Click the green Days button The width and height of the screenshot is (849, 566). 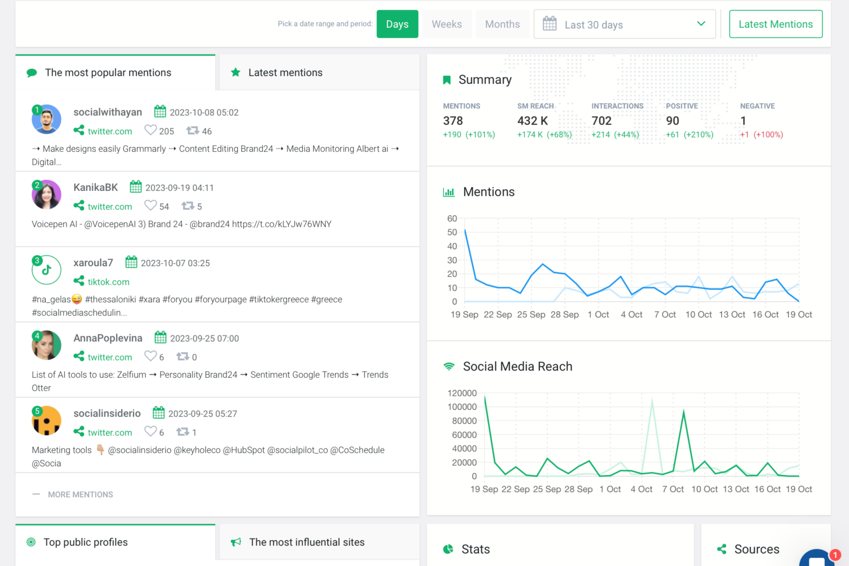point(397,24)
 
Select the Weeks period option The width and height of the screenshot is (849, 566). point(446,24)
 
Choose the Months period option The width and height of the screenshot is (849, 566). point(502,24)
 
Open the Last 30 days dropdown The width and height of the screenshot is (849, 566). point(624,24)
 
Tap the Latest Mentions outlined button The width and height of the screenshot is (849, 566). point(776,24)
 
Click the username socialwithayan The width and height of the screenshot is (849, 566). point(108,112)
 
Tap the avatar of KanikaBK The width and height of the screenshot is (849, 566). point(46,194)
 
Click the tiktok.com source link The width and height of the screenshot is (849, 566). point(108,282)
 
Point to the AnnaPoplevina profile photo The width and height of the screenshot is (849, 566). point(46,345)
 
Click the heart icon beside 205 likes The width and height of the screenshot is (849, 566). point(150,130)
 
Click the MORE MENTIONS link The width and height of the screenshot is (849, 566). point(80,494)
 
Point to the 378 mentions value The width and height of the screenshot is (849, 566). point(453,121)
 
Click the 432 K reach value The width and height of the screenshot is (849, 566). point(532,121)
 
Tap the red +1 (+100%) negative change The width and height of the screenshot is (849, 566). point(761,135)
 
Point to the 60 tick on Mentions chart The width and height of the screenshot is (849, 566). point(452,218)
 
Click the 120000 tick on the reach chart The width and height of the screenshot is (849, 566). point(462,393)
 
